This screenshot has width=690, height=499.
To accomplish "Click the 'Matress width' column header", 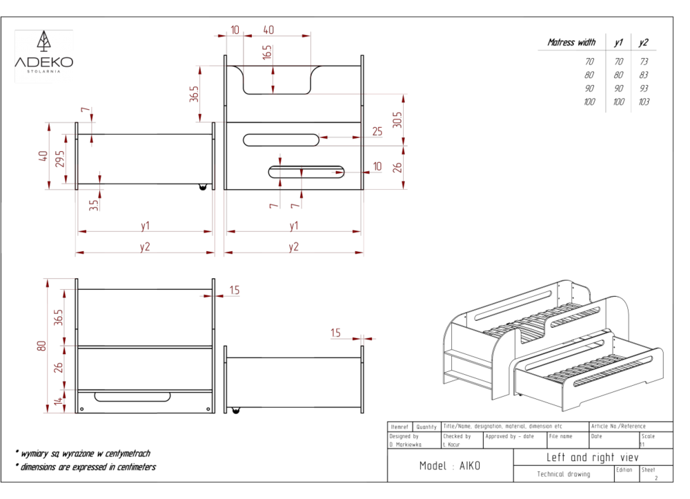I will [x=571, y=43].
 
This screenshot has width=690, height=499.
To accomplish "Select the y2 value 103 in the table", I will [x=643, y=102].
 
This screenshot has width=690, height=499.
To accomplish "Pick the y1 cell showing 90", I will [x=618, y=88].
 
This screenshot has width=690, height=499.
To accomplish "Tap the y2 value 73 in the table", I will [x=643, y=61].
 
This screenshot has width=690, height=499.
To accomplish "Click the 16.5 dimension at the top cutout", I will [x=267, y=52].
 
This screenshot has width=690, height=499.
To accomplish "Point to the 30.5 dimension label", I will [x=397, y=121].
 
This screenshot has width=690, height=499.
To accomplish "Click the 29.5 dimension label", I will [x=60, y=159].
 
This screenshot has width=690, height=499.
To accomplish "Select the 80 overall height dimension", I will [x=41, y=346].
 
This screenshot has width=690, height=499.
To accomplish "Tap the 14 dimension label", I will [x=58, y=401].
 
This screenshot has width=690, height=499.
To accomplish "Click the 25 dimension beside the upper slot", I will [x=377, y=131].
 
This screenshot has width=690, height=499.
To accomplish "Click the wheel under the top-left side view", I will [x=203, y=188].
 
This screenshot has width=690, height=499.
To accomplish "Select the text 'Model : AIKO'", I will [x=451, y=467].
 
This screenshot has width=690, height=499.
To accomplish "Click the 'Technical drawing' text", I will [x=564, y=474].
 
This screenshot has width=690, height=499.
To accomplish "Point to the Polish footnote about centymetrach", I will [x=83, y=453].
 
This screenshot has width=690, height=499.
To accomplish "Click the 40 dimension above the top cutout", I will [x=268, y=30].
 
